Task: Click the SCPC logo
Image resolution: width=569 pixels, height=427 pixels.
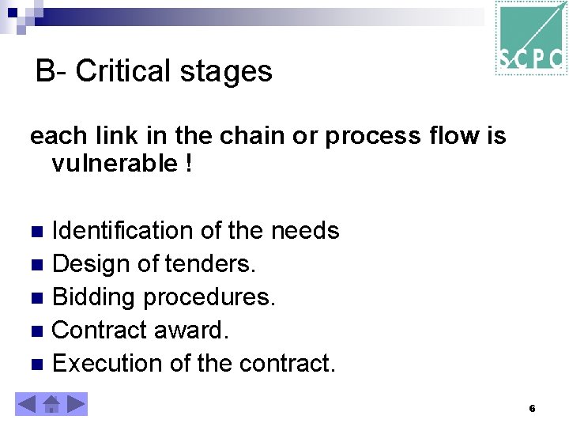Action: coord(530,38)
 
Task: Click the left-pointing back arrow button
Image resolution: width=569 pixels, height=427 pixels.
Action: coord(26,405)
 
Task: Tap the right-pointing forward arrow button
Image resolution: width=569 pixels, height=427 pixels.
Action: coord(76,405)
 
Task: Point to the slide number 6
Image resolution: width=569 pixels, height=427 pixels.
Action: coord(532,409)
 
